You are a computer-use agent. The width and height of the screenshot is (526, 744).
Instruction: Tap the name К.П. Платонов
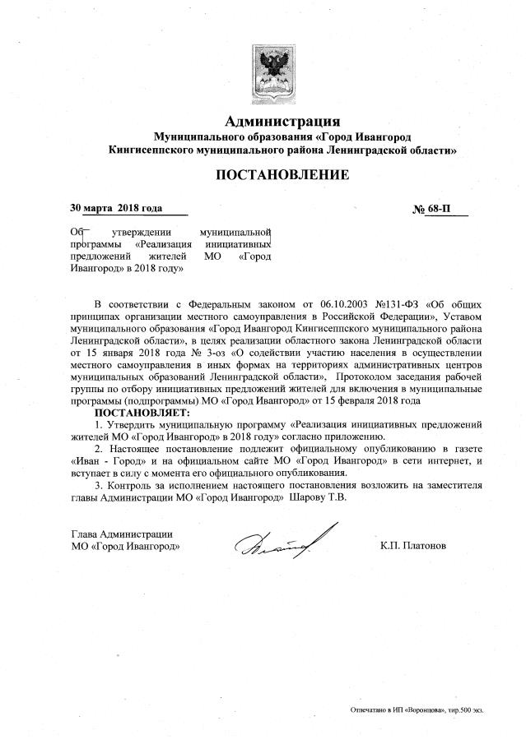pyautogui.click(x=413, y=545)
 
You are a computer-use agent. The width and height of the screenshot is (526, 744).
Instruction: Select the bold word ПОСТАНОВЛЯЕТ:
pyautogui.click(x=142, y=412)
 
